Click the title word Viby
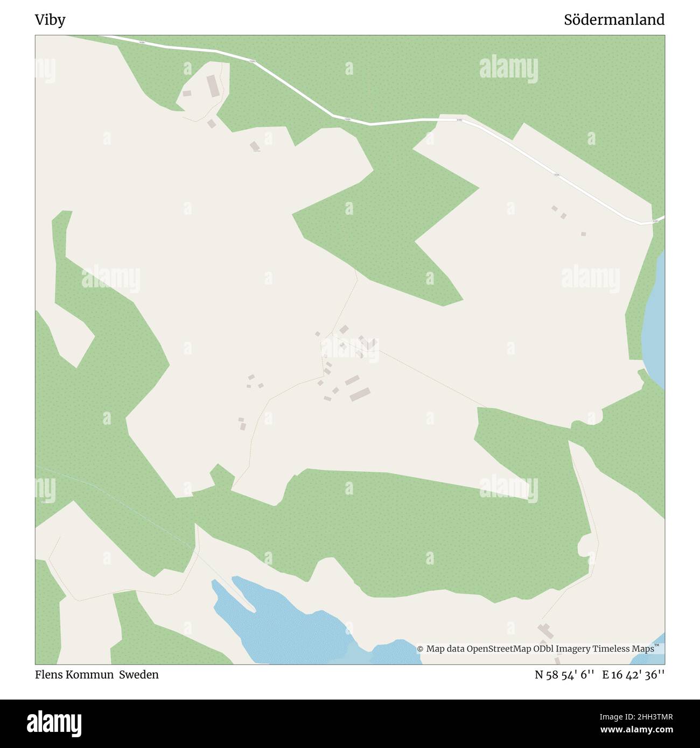tap(50, 20)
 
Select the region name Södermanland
tap(614, 20)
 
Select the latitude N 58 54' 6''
tap(564, 675)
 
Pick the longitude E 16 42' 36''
tap(633, 675)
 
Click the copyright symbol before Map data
tap(420, 649)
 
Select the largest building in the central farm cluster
tap(360, 394)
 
